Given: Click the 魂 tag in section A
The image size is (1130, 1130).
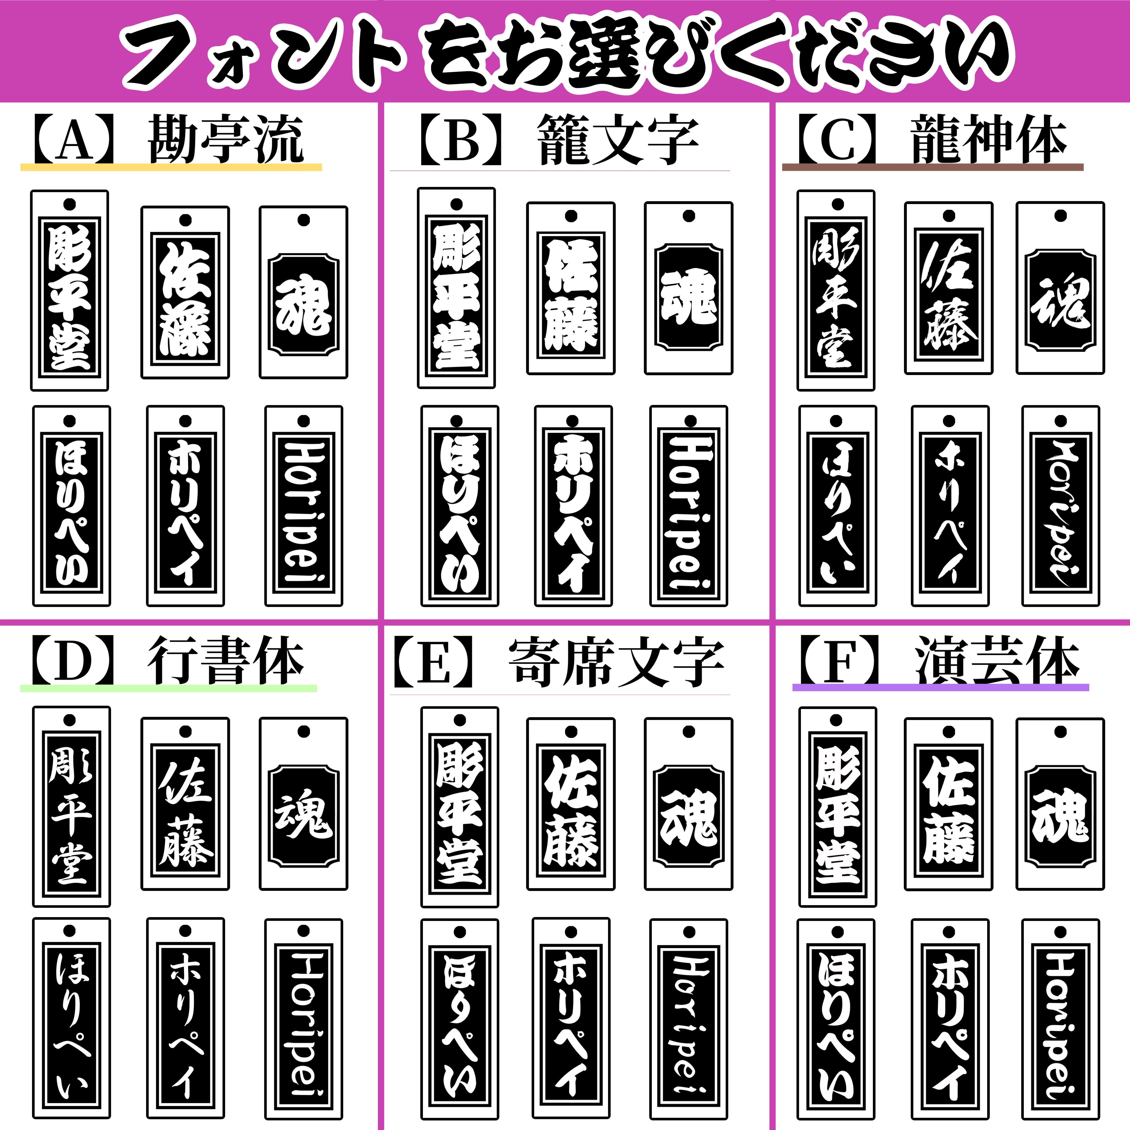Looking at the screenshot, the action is point(304,292).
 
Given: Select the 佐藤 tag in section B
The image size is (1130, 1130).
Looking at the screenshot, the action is point(571,288).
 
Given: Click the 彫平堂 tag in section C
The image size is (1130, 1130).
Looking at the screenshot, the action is point(836,290).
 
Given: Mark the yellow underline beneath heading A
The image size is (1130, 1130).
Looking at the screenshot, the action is point(171,167).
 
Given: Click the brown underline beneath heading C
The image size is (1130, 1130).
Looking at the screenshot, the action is point(933,167).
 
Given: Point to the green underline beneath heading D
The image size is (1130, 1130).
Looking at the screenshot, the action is point(168,688).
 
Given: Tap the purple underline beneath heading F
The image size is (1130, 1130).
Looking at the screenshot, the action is point(941,687).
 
